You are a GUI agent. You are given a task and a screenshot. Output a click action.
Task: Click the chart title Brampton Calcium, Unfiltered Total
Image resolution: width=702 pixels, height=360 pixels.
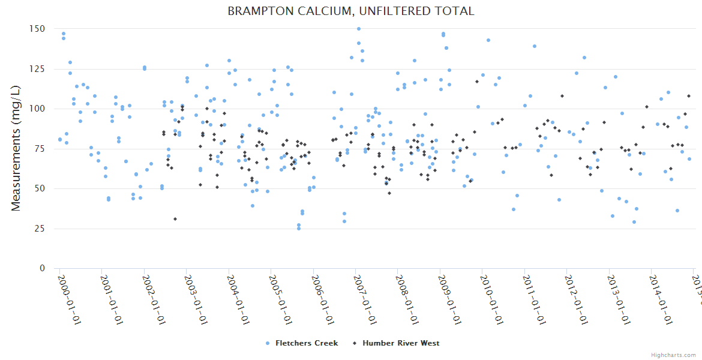pyautogui.click(x=351, y=11)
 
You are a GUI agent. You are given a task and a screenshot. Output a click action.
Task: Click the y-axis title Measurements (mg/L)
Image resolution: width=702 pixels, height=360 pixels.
pyautogui.click(x=16, y=148)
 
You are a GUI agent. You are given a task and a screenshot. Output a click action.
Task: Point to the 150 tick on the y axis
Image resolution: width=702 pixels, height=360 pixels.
pyautogui.click(x=37, y=29)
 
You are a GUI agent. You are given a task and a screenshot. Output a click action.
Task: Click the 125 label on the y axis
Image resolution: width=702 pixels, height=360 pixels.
pyautogui.click(x=37, y=69)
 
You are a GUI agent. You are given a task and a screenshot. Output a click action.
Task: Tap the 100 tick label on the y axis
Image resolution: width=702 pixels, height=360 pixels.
pyautogui.click(x=37, y=109)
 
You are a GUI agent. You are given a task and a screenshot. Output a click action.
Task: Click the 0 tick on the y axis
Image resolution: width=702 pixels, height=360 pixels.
pyautogui.click(x=42, y=268)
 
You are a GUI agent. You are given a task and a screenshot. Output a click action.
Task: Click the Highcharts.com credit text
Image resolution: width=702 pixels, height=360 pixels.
pyautogui.click(x=673, y=355)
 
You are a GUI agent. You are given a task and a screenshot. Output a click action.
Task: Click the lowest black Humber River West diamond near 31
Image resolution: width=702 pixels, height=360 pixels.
pyautogui.click(x=175, y=219)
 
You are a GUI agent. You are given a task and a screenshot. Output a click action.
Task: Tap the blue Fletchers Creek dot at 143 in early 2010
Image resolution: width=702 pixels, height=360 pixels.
pyautogui.click(x=488, y=40)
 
